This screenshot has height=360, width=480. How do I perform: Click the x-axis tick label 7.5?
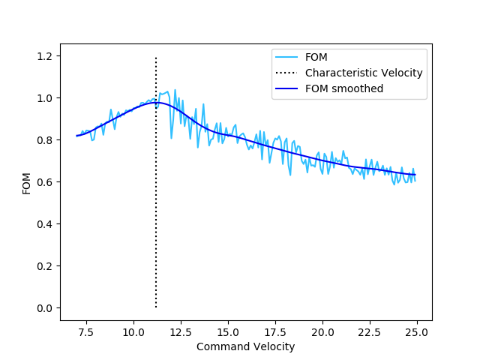(86, 331)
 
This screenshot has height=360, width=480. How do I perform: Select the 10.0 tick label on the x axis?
(133, 331)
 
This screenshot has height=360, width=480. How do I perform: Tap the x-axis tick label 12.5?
(181, 331)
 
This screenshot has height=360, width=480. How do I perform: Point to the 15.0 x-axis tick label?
(228, 331)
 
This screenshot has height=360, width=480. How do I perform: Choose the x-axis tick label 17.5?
(275, 331)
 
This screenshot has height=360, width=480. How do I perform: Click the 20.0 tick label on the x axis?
(322, 331)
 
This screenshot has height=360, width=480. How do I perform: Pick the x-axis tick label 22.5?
(370, 331)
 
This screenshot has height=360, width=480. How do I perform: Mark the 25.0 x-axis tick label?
(417, 331)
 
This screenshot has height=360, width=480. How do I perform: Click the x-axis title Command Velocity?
(245, 346)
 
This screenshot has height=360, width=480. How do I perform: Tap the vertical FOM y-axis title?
(26, 182)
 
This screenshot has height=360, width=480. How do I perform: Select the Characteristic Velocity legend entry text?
(364, 73)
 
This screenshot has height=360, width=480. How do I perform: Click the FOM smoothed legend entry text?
(344, 88)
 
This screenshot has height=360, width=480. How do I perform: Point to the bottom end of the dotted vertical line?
(156, 307)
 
